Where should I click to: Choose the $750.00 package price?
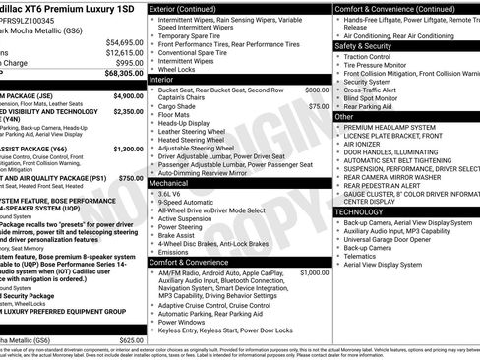(x=130, y=178)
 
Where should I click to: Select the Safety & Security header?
(x=363, y=46)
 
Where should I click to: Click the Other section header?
(x=344, y=116)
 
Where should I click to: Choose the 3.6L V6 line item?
(x=171, y=194)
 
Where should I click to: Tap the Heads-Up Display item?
(x=186, y=122)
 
